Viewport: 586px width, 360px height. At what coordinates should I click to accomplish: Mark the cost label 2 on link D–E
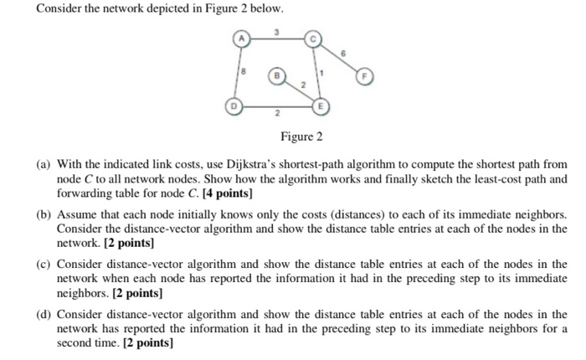[279, 115]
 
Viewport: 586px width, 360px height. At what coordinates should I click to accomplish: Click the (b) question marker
[45, 214]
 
